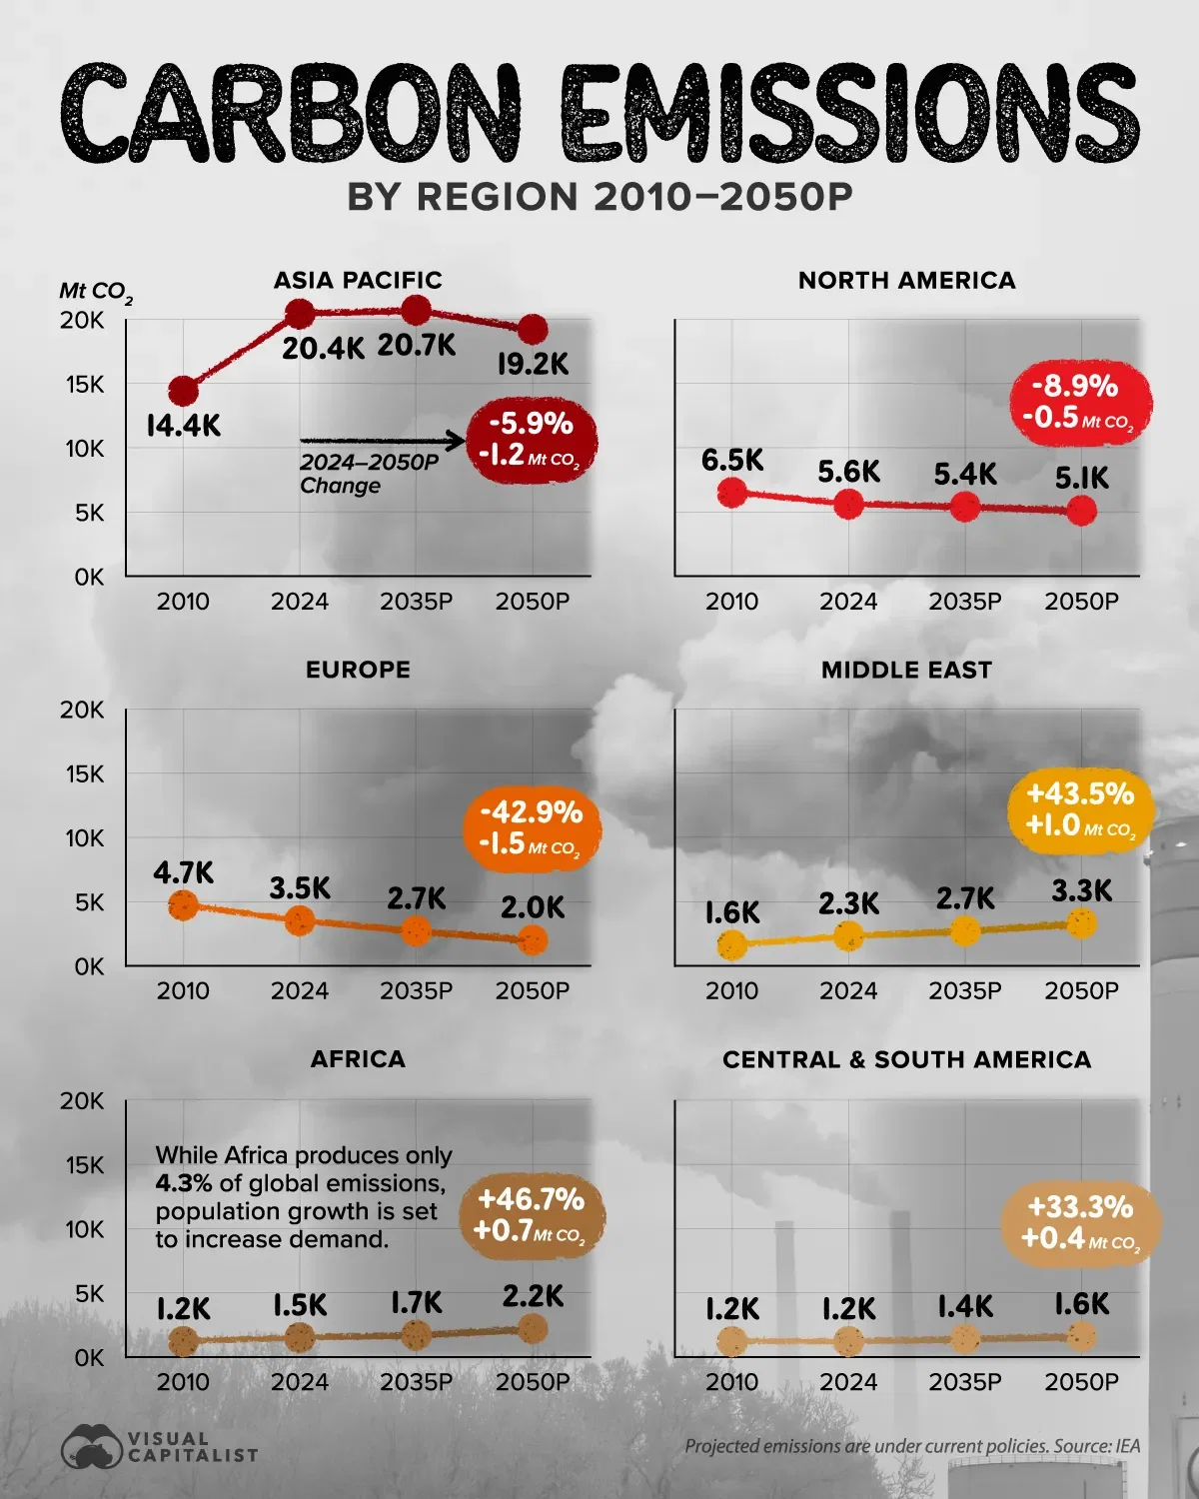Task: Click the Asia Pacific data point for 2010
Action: coord(183,391)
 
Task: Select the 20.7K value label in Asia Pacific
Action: coord(416,346)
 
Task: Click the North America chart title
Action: coord(906,281)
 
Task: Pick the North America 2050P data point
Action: coord(1081,512)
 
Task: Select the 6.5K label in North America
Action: coord(732,460)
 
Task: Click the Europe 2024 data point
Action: coord(300,920)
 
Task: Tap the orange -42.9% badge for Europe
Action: coord(530,827)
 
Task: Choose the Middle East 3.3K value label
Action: coord(1081,890)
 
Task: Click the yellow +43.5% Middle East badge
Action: coord(1080,809)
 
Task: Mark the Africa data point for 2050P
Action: coord(533,1328)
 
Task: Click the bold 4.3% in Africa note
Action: coord(184,1183)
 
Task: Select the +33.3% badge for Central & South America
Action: coord(1080,1222)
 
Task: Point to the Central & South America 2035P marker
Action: coord(965,1338)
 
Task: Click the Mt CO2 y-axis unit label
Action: coord(95,292)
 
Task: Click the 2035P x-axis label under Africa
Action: coord(416,1382)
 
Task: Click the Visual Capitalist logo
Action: coord(160,1447)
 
